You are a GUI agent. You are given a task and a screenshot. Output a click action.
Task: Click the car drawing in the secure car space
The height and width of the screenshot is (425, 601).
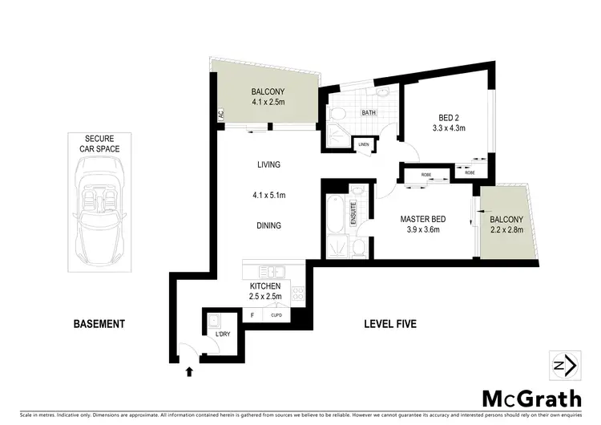(101, 208)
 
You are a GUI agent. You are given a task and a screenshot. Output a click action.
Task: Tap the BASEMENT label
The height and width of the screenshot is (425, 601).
(99, 324)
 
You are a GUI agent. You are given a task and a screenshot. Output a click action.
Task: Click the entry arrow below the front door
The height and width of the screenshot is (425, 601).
(189, 371)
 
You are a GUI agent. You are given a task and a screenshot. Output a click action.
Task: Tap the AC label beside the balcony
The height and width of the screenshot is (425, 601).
(220, 115)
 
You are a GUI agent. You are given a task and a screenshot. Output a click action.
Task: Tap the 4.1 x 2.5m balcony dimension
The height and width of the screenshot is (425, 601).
(268, 102)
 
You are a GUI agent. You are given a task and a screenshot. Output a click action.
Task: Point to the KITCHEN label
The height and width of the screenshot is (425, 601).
(265, 286)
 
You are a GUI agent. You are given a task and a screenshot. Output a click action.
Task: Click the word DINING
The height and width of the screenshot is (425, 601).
(268, 225)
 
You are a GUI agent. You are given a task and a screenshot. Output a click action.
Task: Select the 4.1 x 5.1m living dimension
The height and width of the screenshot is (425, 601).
(268, 195)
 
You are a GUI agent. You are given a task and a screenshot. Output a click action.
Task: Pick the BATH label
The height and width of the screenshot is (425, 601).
(369, 114)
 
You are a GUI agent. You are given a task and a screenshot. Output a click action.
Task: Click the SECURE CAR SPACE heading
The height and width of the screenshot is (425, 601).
(99, 144)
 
